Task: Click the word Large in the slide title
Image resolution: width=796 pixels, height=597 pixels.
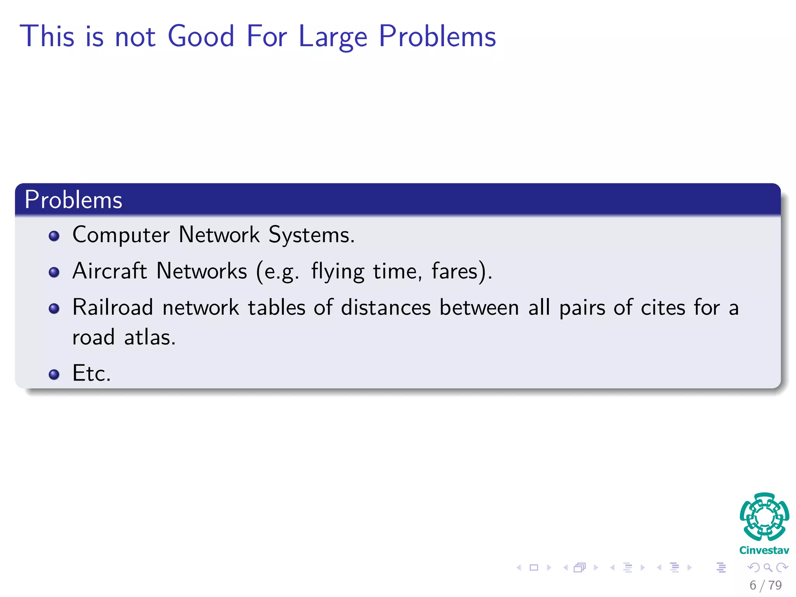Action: (x=333, y=37)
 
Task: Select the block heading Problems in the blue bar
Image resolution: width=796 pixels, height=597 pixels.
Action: (x=73, y=200)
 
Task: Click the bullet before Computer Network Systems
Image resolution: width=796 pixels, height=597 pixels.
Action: (x=54, y=236)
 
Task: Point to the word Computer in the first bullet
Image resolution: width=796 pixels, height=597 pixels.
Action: (x=121, y=235)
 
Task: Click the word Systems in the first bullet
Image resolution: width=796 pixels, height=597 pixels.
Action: (x=311, y=235)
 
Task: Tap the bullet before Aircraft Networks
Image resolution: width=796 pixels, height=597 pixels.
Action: (x=54, y=272)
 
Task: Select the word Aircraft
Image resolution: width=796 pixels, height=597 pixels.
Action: (x=110, y=271)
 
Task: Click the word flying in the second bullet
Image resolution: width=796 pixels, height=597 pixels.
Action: (x=338, y=272)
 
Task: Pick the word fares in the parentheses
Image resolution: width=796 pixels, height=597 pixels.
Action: (x=454, y=271)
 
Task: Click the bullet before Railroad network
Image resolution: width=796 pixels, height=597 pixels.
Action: (x=54, y=309)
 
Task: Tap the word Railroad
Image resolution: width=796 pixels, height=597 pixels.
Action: (x=113, y=307)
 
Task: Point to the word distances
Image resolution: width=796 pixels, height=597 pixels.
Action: (x=386, y=307)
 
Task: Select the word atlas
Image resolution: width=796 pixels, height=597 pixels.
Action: (x=150, y=337)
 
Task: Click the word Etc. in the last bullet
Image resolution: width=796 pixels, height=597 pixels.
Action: (x=92, y=373)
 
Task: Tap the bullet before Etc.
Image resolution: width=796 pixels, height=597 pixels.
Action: (x=54, y=374)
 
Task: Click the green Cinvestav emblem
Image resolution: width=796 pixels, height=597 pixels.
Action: (x=764, y=517)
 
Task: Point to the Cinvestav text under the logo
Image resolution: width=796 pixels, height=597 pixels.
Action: (x=764, y=550)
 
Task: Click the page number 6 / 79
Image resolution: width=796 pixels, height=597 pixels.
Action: (x=765, y=585)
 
